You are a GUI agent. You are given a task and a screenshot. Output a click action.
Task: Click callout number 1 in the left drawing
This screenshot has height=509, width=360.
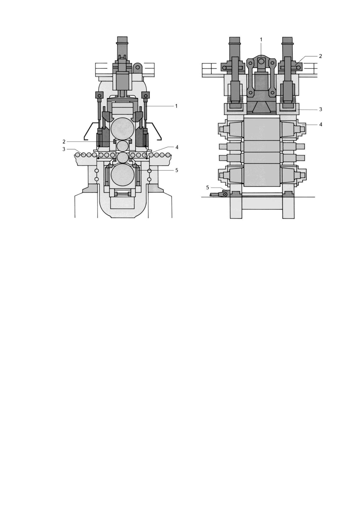[x=176, y=106]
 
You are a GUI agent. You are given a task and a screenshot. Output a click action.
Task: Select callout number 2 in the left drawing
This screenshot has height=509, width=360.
[x=64, y=142]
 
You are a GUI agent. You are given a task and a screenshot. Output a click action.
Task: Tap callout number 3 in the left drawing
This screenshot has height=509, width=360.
[x=64, y=149]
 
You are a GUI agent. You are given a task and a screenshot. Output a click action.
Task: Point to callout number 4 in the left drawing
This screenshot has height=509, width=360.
[x=177, y=147]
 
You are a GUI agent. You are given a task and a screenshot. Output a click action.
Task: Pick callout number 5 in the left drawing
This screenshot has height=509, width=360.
[x=177, y=170]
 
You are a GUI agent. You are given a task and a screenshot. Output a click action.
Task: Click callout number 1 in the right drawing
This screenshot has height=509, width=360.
[x=261, y=39]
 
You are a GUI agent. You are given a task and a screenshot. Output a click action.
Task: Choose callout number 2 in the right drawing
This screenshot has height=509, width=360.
[x=321, y=56]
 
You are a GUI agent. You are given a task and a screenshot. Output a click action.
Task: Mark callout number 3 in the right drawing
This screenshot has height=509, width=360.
[x=321, y=109]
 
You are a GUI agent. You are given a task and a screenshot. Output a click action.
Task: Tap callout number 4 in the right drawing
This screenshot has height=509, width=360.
[x=321, y=124]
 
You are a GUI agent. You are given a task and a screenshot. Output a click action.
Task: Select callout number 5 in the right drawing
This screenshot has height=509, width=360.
[x=208, y=188]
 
